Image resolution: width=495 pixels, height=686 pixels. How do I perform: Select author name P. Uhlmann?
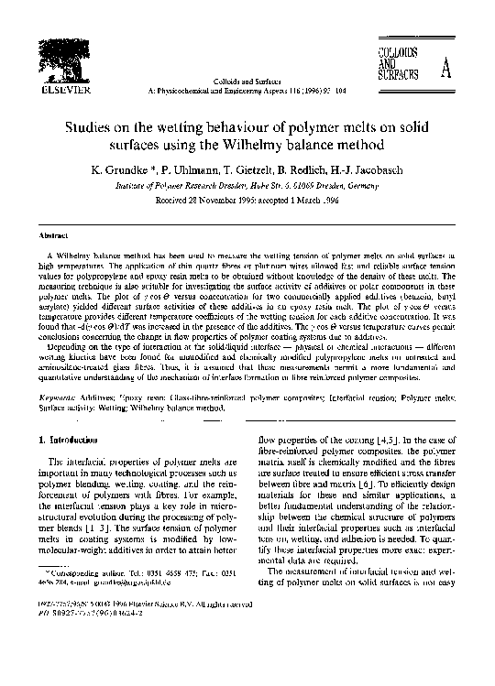click(192, 169)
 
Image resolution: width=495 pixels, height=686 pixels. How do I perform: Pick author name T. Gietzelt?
click(253, 169)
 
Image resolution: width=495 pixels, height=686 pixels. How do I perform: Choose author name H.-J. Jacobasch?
click(382, 169)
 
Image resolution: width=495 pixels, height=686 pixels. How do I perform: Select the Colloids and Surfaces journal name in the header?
click(247, 82)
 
